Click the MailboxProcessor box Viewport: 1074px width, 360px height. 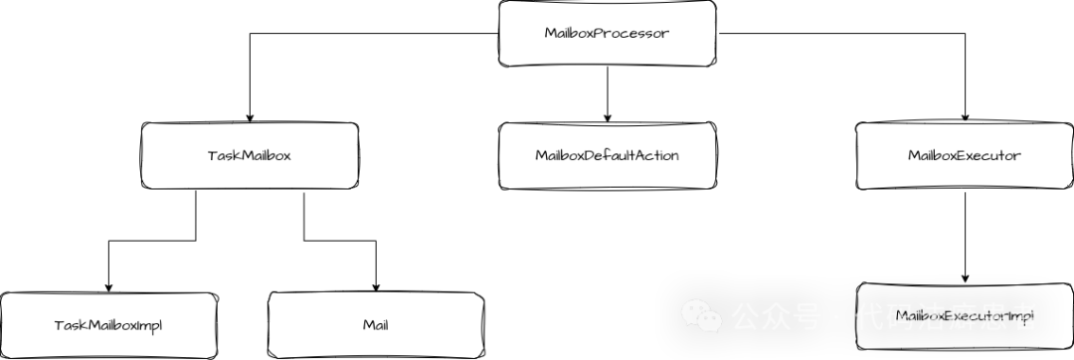(x=607, y=34)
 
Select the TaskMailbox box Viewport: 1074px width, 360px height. (x=249, y=156)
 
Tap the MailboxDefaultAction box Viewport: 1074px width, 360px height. (x=607, y=156)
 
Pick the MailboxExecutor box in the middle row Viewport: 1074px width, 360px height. (x=964, y=156)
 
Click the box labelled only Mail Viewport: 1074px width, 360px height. (x=375, y=325)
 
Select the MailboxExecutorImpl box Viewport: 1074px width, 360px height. (x=964, y=316)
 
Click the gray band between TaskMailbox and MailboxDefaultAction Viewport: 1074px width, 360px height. (x=428, y=156)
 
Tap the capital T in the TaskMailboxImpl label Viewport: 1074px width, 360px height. (x=58, y=325)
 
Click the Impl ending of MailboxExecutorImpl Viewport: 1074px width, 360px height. (x=1020, y=316)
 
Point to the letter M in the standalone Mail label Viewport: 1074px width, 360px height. (x=366, y=325)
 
